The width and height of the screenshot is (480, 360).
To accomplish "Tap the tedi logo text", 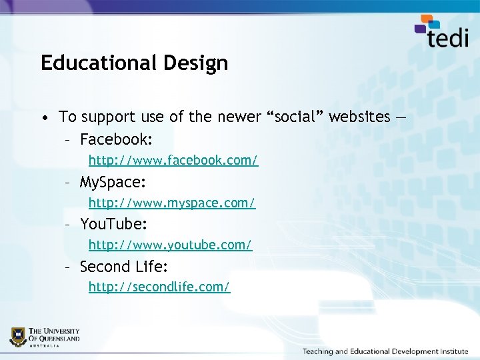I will tap(448, 37).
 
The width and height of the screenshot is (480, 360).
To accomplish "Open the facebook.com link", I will tap(173, 161).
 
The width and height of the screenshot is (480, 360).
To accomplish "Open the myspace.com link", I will tap(172, 202).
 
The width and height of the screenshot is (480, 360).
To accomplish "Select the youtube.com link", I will tap(170, 245).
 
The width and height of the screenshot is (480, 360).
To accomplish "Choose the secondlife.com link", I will tap(159, 287).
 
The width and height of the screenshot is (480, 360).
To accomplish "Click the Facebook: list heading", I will tap(116, 139).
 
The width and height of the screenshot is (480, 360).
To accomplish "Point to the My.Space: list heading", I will tap(113, 181).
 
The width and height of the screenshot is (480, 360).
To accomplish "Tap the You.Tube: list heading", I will tap(113, 224).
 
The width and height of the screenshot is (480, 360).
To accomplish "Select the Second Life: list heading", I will tap(123, 267).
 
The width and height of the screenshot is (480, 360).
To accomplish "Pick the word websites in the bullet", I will tap(360, 117).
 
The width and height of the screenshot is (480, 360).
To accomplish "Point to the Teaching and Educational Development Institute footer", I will tap(385, 351).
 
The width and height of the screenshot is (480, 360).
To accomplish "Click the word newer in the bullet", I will tap(239, 117).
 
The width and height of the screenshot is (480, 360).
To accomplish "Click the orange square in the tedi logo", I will tap(425, 20).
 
